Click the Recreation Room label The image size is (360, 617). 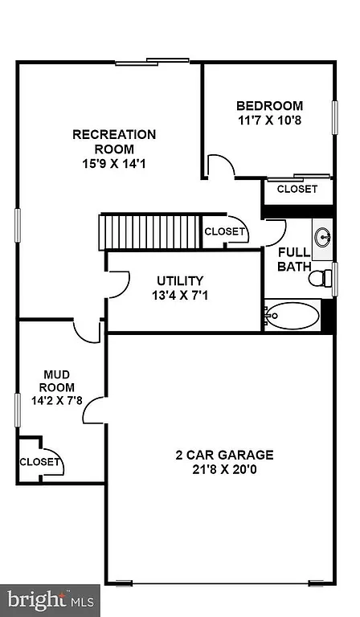pos(114,141)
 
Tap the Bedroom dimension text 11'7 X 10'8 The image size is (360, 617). pos(269,121)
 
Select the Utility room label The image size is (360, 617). pos(180,280)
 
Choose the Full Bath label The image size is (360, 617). pos(294,259)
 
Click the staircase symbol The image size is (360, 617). pos(149,231)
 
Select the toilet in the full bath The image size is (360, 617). pos(321,279)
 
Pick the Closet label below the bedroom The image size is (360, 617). pos(297,190)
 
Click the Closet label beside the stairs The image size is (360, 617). pos(224,231)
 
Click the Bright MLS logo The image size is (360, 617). pos(50,599)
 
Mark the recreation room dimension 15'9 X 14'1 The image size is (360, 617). pos(114,164)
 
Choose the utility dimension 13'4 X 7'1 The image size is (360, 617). pos(180,295)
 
